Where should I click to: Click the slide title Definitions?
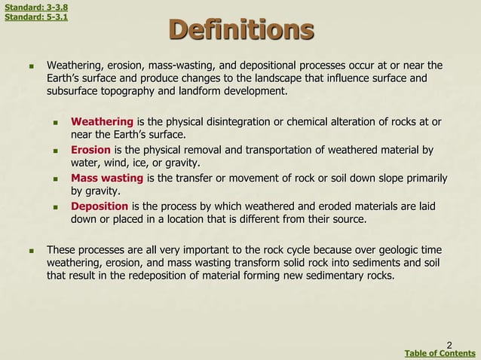pos(241,31)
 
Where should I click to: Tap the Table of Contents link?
pos(440,353)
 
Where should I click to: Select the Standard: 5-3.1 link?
pos(36,17)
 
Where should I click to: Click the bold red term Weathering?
pos(102,122)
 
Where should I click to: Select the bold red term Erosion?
pos(90,150)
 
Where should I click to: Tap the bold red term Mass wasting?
pos(107,178)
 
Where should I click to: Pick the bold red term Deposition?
pos(100,206)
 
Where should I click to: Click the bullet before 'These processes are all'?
pos(31,250)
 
